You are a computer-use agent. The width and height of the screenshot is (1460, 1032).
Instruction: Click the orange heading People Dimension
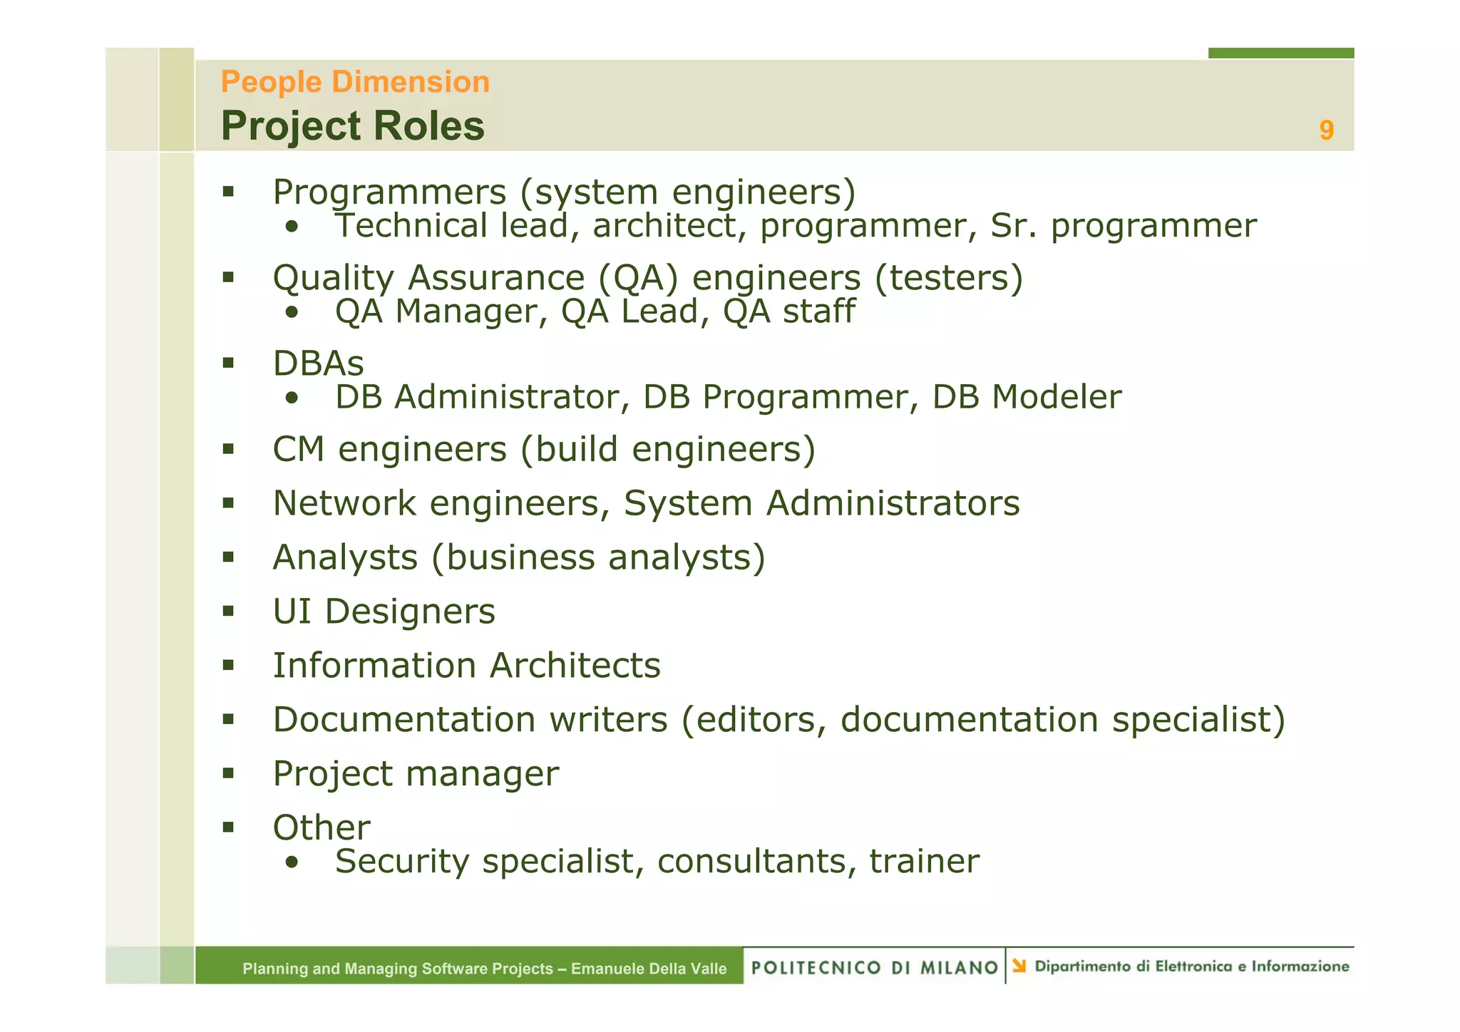(x=355, y=82)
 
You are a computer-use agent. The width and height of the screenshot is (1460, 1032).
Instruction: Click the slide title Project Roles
(x=352, y=126)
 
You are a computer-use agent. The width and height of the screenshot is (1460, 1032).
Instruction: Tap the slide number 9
(x=1326, y=130)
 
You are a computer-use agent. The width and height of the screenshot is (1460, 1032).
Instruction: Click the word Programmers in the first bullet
(x=389, y=192)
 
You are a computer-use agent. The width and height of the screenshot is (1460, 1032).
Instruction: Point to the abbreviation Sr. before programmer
(x=1013, y=227)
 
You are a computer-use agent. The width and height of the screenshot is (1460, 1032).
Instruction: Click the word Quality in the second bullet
(x=333, y=279)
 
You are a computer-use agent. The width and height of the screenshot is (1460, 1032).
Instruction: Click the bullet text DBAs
(x=318, y=364)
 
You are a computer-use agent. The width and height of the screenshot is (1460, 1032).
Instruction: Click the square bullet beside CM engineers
(x=228, y=449)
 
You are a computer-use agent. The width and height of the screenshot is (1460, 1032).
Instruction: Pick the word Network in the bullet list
(x=344, y=504)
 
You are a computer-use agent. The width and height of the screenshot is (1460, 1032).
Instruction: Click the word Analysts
(x=345, y=558)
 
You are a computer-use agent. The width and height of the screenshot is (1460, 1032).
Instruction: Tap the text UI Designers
(x=384, y=612)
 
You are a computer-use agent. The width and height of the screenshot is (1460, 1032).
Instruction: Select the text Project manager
(x=416, y=775)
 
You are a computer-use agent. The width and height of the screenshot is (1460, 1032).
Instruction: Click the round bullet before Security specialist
(x=291, y=863)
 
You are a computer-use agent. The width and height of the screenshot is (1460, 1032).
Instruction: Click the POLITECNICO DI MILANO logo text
(x=874, y=968)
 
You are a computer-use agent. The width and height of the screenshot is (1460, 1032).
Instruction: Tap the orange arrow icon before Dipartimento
(x=1019, y=966)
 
